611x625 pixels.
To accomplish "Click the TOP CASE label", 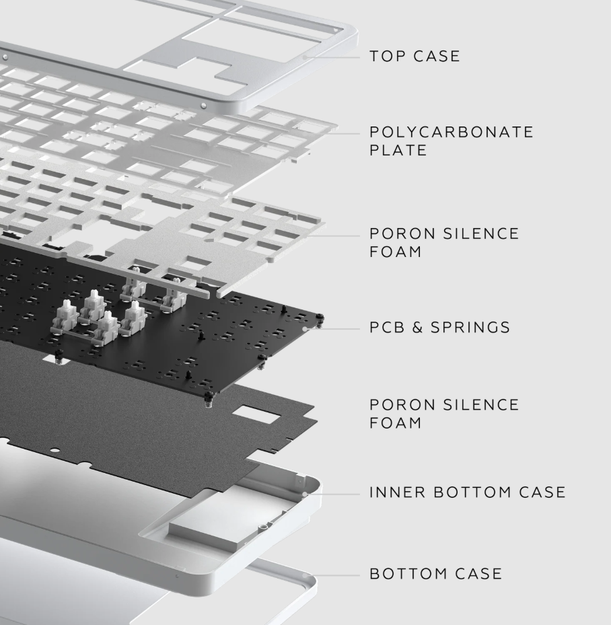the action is tap(415, 57).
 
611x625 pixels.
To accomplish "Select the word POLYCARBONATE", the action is tap(451, 132).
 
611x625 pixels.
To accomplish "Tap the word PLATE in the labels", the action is tap(398, 150).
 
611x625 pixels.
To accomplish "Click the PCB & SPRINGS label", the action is tap(439, 327).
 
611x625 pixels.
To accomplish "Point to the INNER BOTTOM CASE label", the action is tap(468, 492).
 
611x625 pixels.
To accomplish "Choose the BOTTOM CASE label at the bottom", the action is tap(435, 574).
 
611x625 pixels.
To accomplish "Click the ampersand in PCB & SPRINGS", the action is tap(417, 327).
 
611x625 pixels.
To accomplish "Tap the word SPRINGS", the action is tap(470, 327).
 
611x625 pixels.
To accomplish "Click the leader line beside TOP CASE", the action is tap(332, 57).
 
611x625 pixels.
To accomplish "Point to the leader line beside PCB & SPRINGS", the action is tap(332, 329).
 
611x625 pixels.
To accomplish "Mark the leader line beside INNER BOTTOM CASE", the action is tap(332, 494).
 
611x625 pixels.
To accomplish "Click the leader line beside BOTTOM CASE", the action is tap(332, 575).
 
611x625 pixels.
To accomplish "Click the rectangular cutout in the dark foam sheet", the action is tap(256, 414).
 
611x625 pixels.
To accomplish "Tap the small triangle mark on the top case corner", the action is tap(336, 30).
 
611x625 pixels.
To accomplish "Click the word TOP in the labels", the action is tap(388, 57).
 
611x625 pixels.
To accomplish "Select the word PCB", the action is tap(388, 327).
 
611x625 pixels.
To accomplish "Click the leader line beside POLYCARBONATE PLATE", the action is tap(346, 133).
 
